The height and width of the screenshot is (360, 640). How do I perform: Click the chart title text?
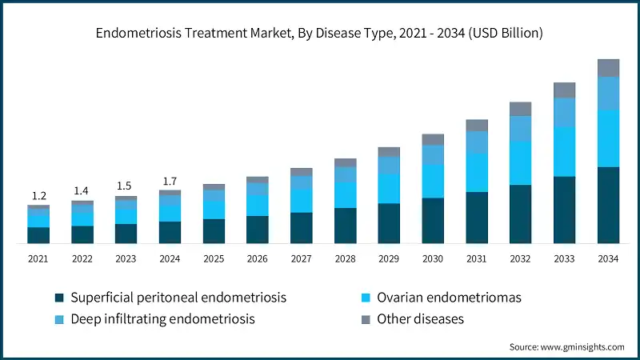320,34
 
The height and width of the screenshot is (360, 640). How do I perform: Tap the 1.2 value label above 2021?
38,196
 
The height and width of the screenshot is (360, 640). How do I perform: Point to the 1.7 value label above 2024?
170,181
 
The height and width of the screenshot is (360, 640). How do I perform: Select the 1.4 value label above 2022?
82,191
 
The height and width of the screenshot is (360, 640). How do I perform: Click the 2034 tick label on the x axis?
608,259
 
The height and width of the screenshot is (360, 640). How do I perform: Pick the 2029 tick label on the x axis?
389,259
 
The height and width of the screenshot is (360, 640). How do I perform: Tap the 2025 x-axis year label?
214,259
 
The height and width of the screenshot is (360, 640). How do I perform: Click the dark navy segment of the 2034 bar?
608,205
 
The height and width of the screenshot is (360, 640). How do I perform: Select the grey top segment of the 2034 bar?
608,68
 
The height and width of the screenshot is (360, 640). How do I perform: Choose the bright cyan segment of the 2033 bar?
565,151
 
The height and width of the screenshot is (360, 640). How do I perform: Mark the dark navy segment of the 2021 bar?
38,234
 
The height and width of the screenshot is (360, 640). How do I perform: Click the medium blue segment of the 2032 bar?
521,128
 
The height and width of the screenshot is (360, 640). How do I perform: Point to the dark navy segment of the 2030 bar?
433,220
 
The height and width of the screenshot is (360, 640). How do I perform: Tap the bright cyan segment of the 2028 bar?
346,194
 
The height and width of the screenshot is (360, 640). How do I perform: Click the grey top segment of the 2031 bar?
477,125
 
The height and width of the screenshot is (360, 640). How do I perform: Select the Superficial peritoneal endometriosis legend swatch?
59,298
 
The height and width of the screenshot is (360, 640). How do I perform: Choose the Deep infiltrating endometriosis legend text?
162,318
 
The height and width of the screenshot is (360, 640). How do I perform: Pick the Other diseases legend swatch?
365,318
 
